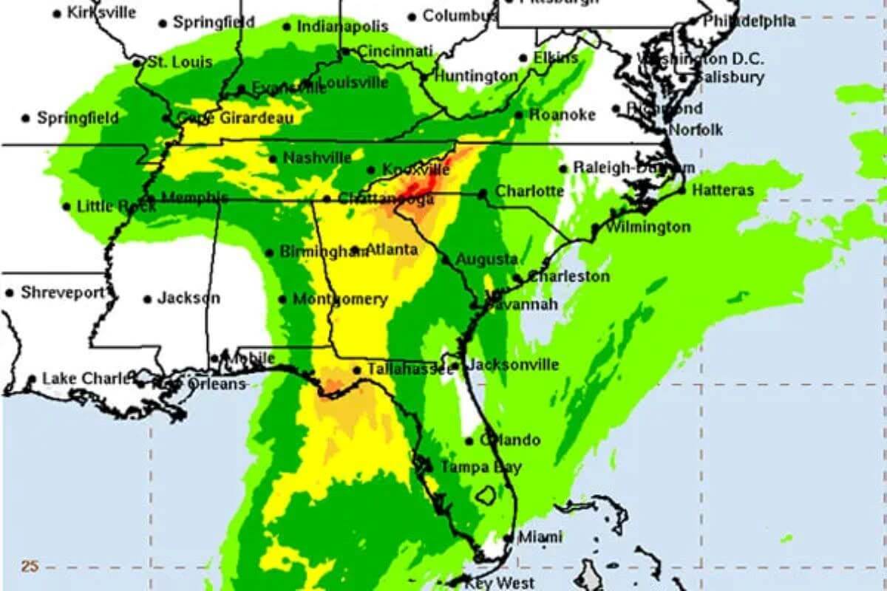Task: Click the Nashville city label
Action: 317,158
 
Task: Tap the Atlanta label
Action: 392,250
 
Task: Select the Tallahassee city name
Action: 409,369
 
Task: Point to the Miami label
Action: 540,537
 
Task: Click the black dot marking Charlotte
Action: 482,194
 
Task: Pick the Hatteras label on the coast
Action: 723,191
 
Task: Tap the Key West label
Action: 499,583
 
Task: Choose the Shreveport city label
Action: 63,293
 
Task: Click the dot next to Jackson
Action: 148,299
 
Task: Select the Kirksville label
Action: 101,13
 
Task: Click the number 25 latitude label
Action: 30,567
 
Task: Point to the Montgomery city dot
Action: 282,299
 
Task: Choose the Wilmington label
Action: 648,227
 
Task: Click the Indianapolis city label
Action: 342,27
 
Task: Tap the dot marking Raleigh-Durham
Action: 563,168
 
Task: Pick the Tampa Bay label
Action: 480,467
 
